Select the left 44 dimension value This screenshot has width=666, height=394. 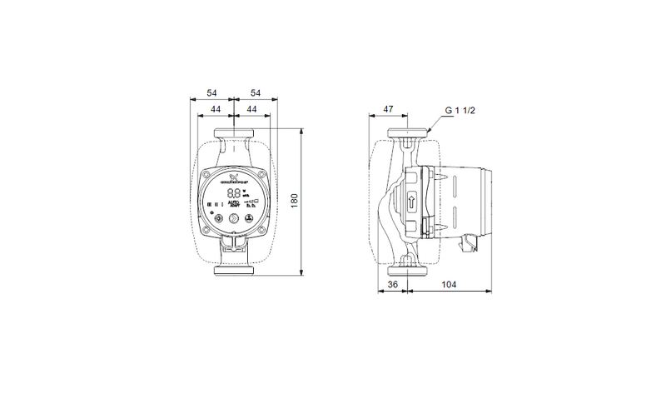(x=215, y=110)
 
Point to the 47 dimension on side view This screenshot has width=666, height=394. (x=388, y=110)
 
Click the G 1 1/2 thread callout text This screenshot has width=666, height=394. (x=460, y=110)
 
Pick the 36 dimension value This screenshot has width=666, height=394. (x=393, y=284)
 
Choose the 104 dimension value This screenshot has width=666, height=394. (x=449, y=284)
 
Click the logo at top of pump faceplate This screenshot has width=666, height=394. (x=234, y=177)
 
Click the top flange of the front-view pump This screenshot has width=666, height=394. (x=235, y=134)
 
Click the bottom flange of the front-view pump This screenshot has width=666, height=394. (x=235, y=272)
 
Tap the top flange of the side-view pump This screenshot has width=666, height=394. (x=408, y=134)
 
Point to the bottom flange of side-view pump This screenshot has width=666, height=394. (x=408, y=270)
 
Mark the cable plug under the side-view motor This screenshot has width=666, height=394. (x=470, y=242)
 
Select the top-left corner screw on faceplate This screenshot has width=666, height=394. (x=209, y=176)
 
